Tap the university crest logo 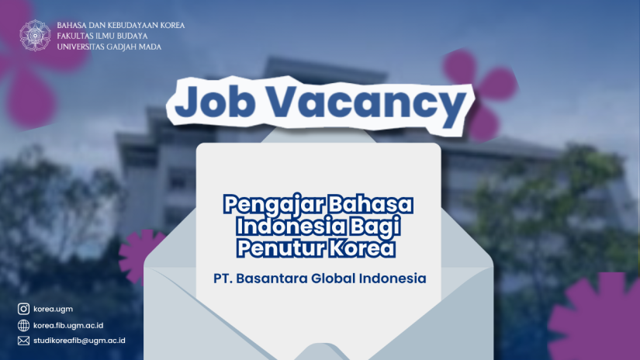(35, 36)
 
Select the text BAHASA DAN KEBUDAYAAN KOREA (121, 26)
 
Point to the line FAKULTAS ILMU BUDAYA (102, 36)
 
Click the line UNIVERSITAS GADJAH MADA (109, 47)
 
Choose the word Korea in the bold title (362, 247)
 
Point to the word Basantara (272, 279)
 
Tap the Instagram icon (24, 309)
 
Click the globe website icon (24, 325)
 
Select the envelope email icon (24, 341)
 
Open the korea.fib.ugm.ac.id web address (68, 325)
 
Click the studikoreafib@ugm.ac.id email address (79, 341)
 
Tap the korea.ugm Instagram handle (53, 309)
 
